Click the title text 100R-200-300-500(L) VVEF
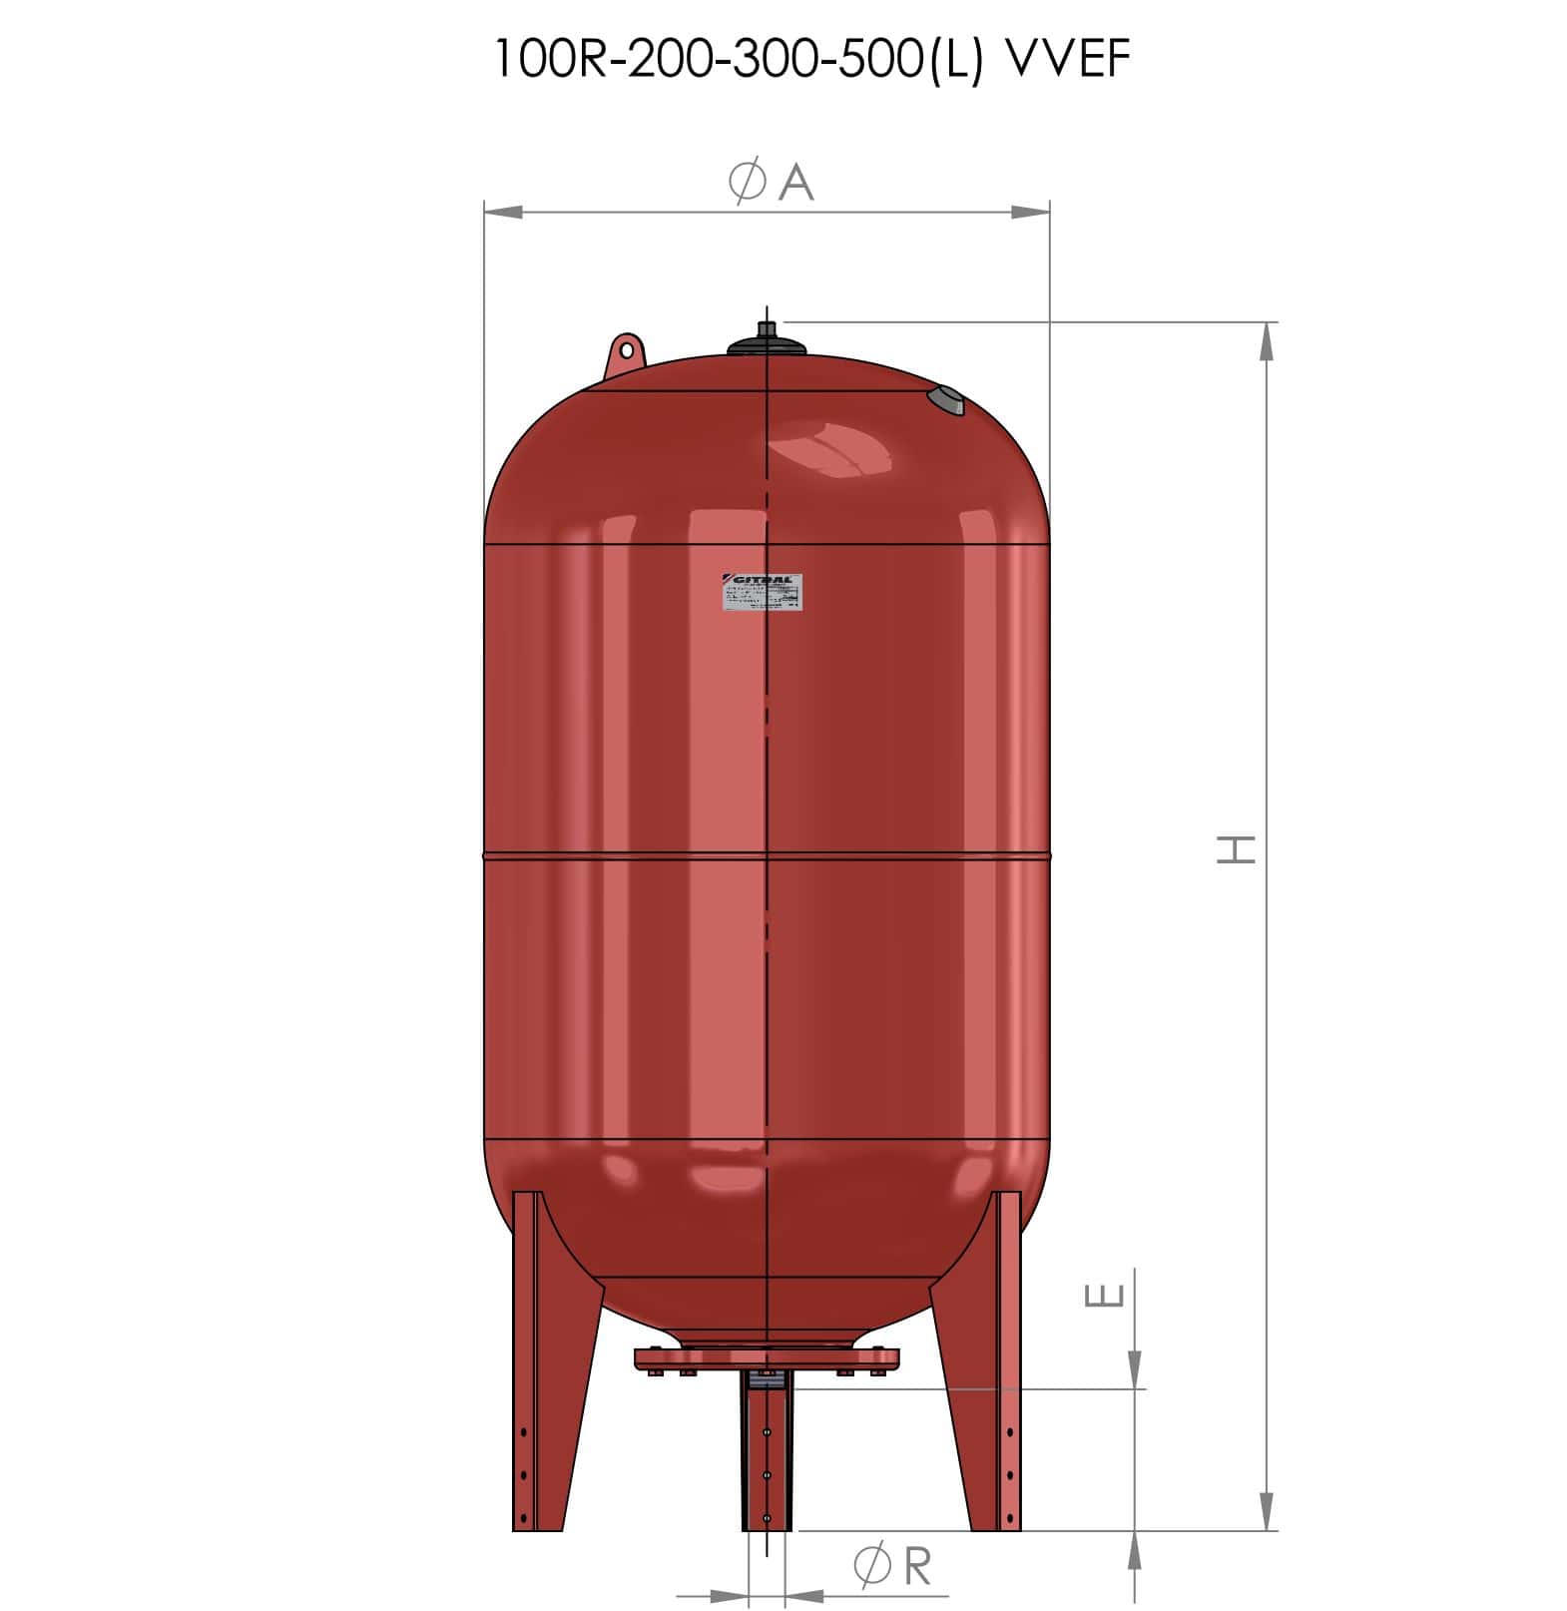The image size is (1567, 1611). [x=811, y=61]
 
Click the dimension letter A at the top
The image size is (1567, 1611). [x=795, y=183]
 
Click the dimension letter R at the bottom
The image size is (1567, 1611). [x=916, y=1566]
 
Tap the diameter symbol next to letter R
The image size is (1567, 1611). [x=873, y=1566]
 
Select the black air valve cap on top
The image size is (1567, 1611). [x=767, y=340]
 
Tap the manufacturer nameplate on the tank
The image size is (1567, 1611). [x=763, y=593]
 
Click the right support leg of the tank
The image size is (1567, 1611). [x=983, y=1367]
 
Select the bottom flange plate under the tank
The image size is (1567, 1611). [x=767, y=1359]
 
